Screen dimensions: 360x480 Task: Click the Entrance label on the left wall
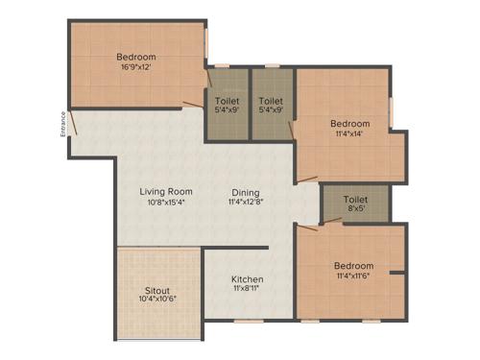(64, 124)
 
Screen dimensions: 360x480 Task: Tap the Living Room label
(166, 191)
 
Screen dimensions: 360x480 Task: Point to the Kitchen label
(247, 279)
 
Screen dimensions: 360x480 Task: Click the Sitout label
(157, 289)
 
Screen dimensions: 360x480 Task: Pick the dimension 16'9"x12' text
(136, 68)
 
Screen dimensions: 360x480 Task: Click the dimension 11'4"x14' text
(349, 134)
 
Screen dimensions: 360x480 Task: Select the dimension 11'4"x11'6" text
(354, 276)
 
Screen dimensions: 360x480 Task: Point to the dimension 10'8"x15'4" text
(166, 203)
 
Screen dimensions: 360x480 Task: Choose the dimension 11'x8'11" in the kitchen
(247, 291)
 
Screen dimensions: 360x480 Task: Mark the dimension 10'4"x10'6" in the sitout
(157, 300)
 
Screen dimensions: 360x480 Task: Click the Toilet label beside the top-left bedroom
(228, 100)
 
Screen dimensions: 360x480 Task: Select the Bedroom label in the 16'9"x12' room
(136, 58)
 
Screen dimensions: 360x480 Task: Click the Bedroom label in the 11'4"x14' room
(349, 124)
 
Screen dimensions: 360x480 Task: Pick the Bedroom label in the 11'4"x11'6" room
(354, 265)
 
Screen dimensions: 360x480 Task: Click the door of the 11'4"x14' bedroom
(307, 178)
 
